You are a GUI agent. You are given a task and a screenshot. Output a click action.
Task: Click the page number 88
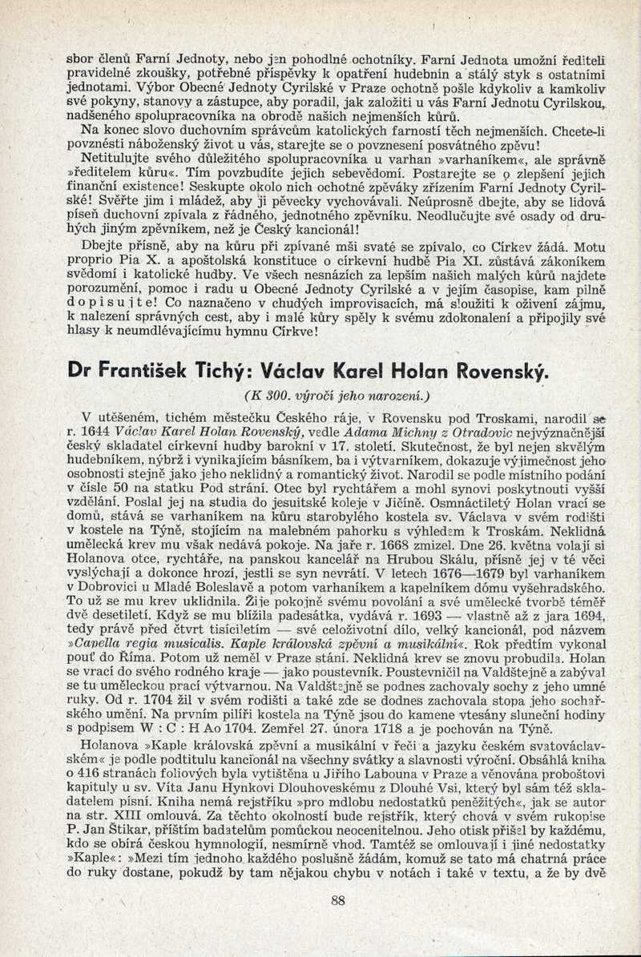tap(337, 899)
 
